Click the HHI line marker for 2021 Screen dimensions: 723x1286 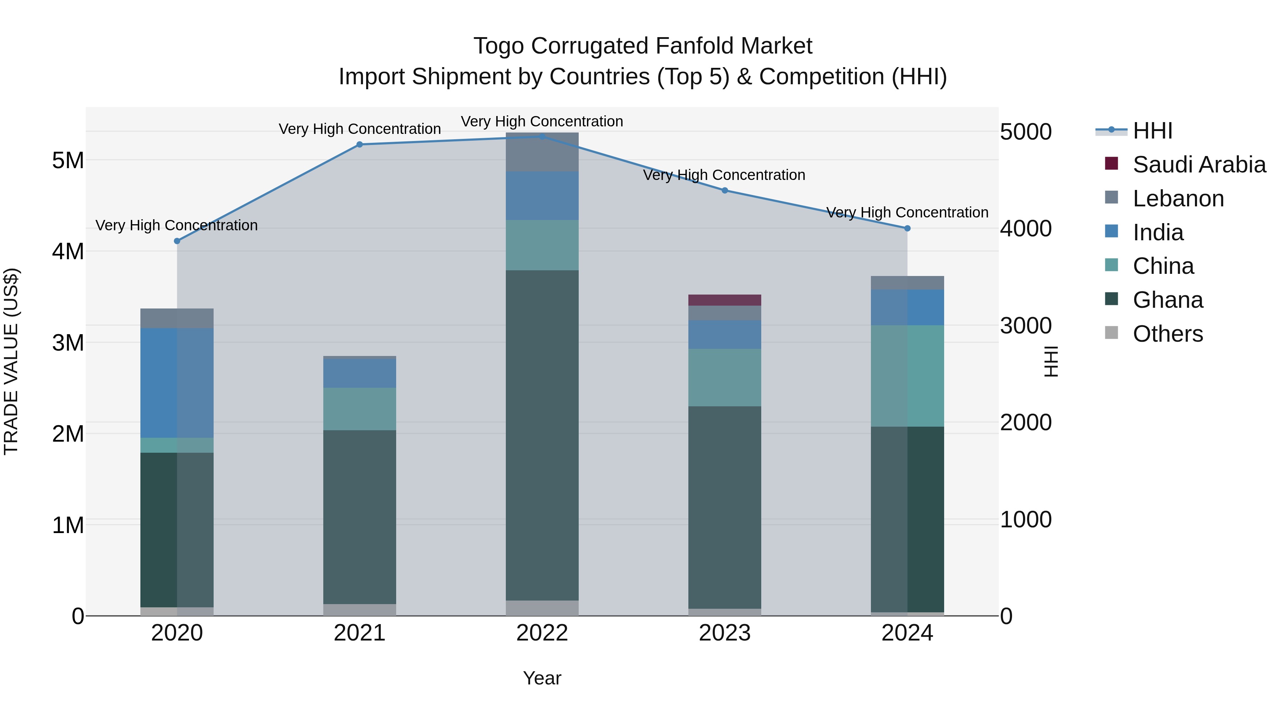[x=359, y=145]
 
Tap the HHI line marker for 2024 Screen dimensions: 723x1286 [x=907, y=229]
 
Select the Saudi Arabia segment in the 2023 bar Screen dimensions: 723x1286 [x=724, y=300]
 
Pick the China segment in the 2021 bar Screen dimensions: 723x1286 [x=359, y=409]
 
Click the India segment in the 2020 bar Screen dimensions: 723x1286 [x=177, y=383]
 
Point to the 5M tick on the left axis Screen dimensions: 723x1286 [x=68, y=161]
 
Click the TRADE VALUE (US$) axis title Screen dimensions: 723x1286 [x=11, y=361]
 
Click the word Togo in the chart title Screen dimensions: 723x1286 [x=499, y=46]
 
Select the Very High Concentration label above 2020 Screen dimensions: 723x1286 [x=177, y=226]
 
